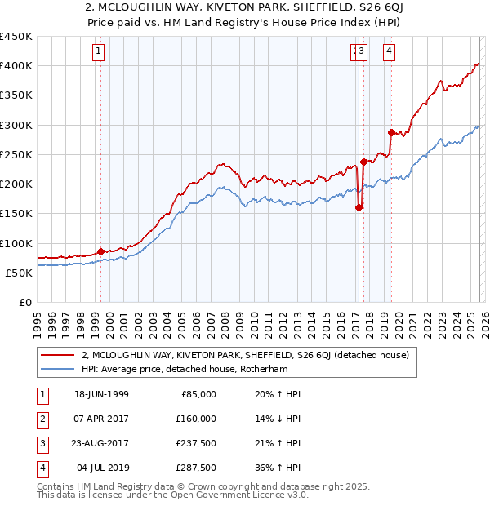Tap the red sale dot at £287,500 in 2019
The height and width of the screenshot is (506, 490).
pos(391,132)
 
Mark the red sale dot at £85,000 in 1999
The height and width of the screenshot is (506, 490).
pos(101,251)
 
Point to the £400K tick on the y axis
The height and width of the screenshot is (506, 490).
pos(16,66)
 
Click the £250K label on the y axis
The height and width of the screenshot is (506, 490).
pos(16,154)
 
